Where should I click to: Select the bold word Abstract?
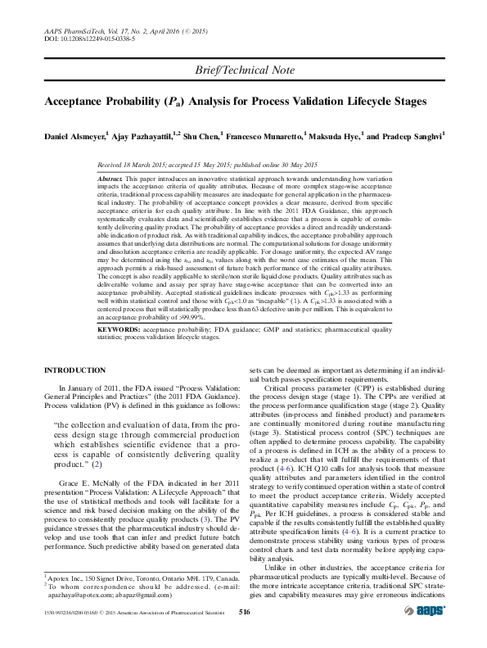[110, 178]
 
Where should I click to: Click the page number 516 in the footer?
[243, 635]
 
